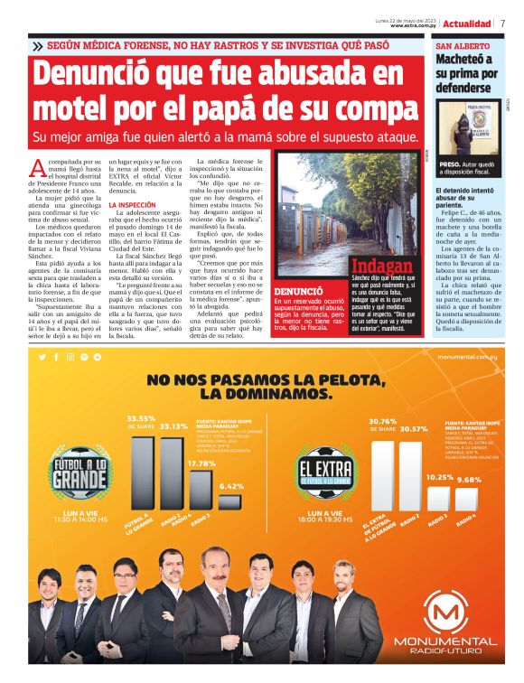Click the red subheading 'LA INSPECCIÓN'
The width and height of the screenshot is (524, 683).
(134, 205)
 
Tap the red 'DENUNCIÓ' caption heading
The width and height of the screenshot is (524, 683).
(298, 292)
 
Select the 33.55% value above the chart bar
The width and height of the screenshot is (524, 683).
(141, 418)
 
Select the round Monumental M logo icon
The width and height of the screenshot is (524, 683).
(444, 616)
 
